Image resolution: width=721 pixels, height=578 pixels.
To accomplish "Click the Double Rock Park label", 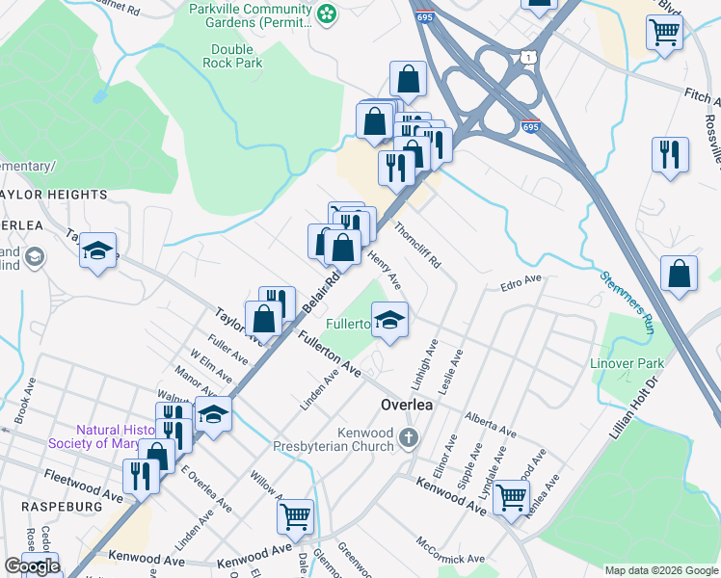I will [x=231, y=56].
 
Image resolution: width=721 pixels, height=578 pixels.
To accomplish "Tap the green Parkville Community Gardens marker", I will [x=329, y=13].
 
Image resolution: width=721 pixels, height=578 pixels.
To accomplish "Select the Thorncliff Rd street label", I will [x=417, y=245].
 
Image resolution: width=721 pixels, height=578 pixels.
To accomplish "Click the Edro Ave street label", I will [x=521, y=284].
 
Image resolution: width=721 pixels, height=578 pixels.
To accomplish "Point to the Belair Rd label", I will [x=322, y=289].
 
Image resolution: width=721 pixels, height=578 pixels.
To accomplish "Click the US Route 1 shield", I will [x=527, y=59].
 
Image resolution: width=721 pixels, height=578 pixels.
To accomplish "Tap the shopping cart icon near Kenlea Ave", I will [x=511, y=497].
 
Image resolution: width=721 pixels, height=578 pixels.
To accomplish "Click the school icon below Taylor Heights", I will [x=97, y=251].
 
